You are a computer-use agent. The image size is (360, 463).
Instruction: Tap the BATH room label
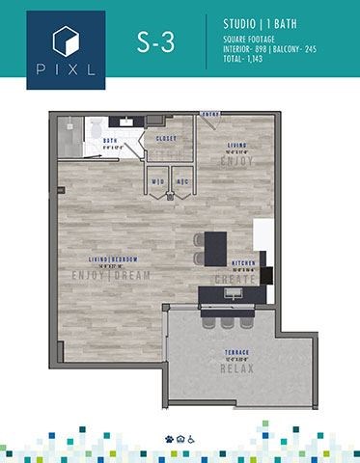pyautogui.click(x=110, y=141)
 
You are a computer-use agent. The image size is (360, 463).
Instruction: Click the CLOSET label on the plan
pyautogui.click(x=166, y=139)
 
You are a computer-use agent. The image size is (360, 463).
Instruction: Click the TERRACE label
pyautogui.click(x=236, y=352)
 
